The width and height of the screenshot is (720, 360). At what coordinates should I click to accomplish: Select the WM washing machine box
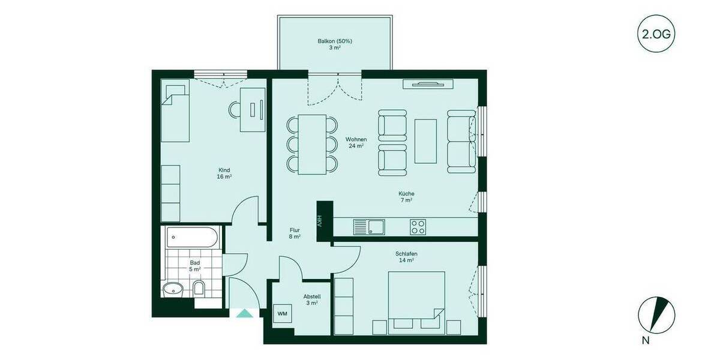pos(282,314)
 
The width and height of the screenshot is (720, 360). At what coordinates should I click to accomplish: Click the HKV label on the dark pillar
pos(320,221)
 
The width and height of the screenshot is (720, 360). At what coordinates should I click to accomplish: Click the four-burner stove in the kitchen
pos(418,227)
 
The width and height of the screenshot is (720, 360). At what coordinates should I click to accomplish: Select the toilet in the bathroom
pos(199,289)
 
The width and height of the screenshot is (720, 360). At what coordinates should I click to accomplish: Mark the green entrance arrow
pos(244,313)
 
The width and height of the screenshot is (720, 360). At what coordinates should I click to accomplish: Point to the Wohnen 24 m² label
pos(355,143)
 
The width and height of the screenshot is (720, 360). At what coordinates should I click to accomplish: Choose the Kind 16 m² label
pos(224,173)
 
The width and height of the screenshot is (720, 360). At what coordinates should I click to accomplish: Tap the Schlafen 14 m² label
pos(406,257)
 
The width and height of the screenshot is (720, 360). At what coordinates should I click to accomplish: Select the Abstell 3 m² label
pos(311,299)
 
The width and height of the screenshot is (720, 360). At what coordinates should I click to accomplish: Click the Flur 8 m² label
pos(295,233)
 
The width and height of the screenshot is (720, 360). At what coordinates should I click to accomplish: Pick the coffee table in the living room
pos(425,141)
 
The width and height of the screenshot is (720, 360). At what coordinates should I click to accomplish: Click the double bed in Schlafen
pos(416,300)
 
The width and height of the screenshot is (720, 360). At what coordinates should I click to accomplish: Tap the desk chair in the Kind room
pos(234,110)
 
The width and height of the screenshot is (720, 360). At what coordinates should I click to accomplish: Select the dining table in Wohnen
pos(312,144)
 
